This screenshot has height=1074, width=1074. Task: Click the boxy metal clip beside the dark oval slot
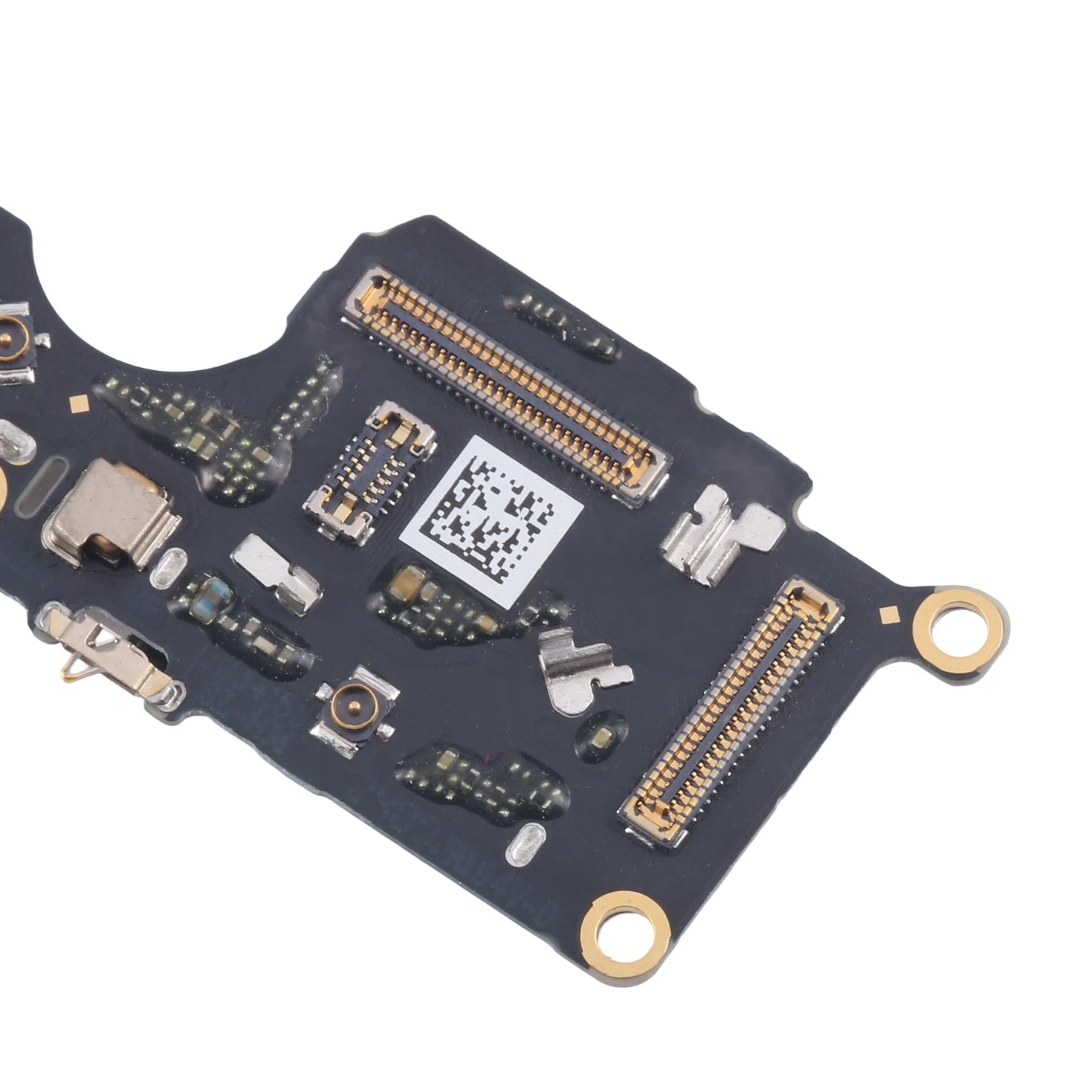[x=111, y=512]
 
